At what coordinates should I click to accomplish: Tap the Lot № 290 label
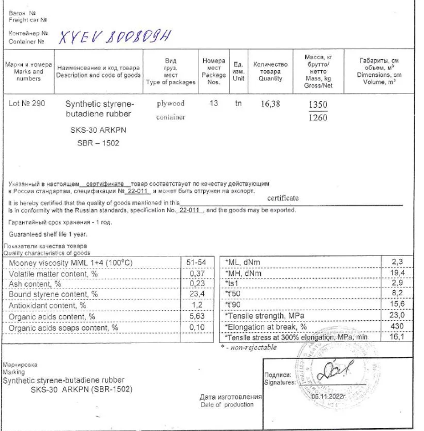pos(28,104)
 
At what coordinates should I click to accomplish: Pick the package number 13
pos(214,104)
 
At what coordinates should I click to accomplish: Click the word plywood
pos(170,104)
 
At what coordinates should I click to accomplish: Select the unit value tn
pos(239,104)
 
